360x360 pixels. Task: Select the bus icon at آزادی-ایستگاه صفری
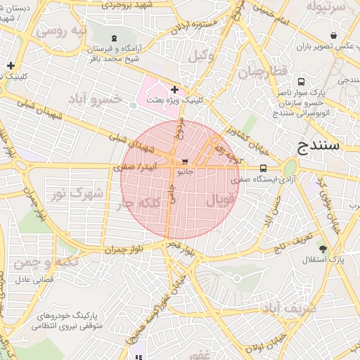pyautogui.click(x=263, y=168)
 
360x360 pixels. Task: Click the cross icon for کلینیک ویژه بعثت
pyautogui.click(x=174, y=89)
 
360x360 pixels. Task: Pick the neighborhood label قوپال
pyautogui.click(x=220, y=201)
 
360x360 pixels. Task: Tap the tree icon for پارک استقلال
pyautogui.click(x=323, y=249)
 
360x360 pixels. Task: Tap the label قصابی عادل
pyautogui.click(x=30, y=279)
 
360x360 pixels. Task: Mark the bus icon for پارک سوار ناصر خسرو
pyautogui.click(x=302, y=81)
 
